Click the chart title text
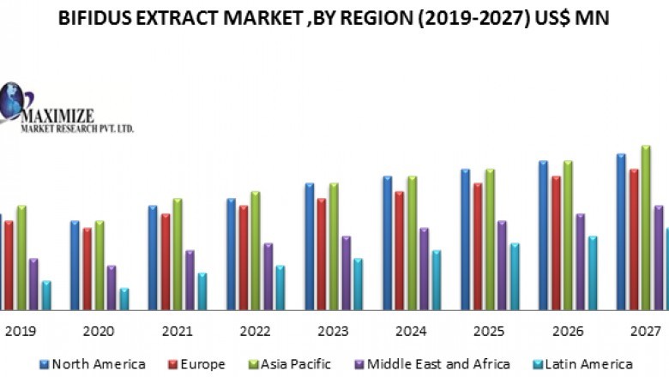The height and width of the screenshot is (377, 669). pyautogui.click(x=334, y=19)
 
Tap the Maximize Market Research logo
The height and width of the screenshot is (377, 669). pyautogui.click(x=60, y=109)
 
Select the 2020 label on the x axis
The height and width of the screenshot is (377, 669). pyautogui.click(x=99, y=332)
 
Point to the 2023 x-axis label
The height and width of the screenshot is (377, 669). pyautogui.click(x=333, y=332)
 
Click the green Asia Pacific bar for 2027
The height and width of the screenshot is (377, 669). pyautogui.click(x=646, y=227)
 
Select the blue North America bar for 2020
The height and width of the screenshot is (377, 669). pyautogui.click(x=75, y=265)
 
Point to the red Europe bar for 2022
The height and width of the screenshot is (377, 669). pyautogui.click(x=244, y=257)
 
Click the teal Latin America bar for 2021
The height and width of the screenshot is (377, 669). pyautogui.click(x=202, y=291)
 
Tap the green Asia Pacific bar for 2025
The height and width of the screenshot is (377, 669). pyautogui.click(x=490, y=239)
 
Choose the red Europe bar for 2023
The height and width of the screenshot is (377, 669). pyautogui.click(x=322, y=254)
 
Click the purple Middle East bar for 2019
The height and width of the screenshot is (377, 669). pyautogui.click(x=33, y=284)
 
